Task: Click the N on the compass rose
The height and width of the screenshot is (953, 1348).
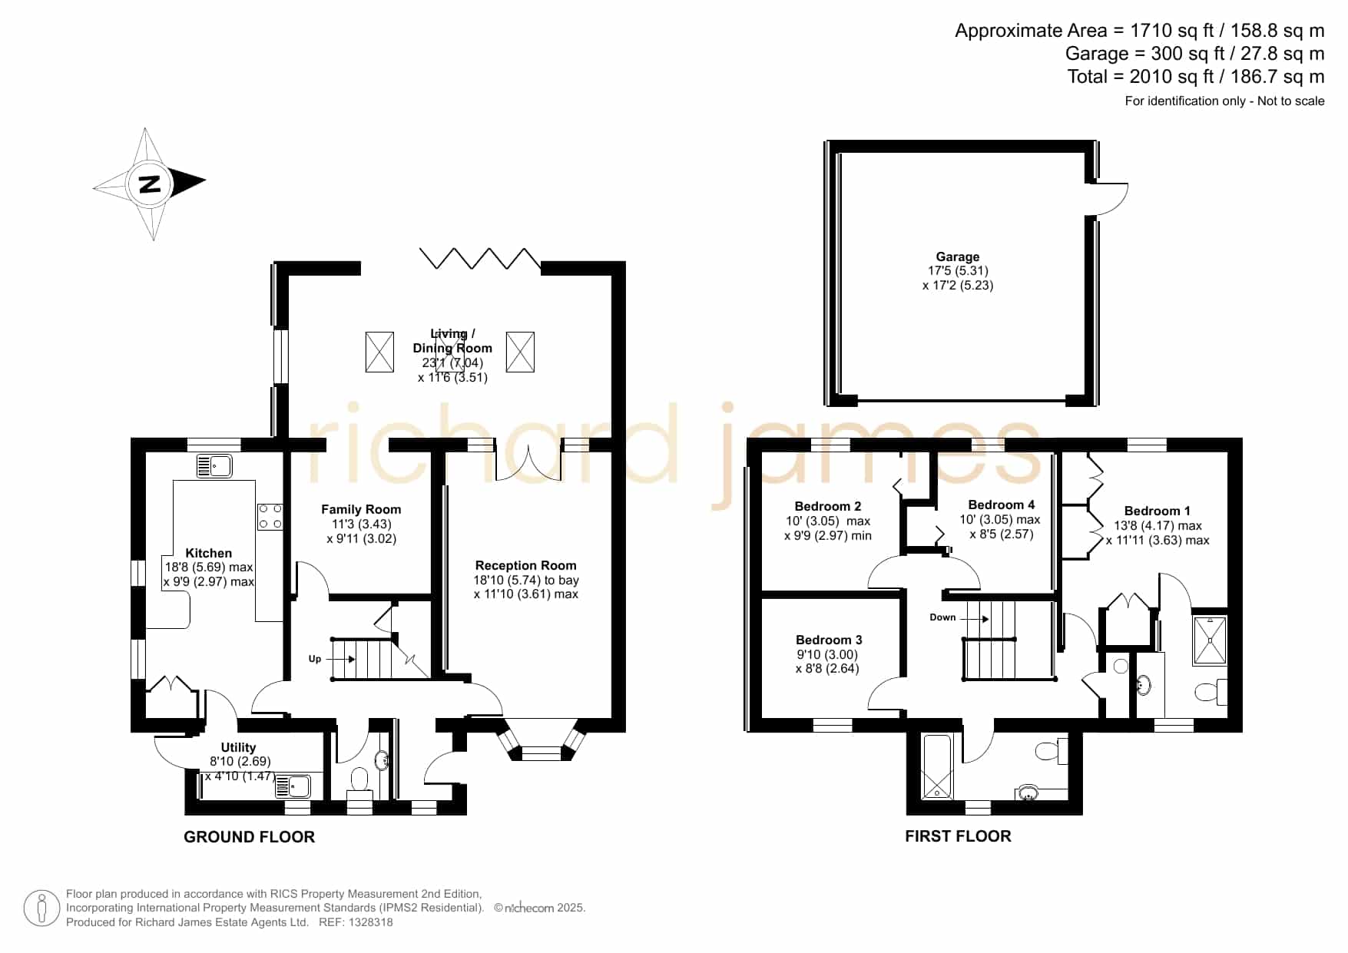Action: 151,184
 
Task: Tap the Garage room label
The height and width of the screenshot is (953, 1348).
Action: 957,256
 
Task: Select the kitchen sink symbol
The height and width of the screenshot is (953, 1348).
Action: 214,466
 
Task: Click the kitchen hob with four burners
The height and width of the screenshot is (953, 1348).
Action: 270,516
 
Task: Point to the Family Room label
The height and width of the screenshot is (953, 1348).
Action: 361,509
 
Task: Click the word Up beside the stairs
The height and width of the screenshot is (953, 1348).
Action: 315,659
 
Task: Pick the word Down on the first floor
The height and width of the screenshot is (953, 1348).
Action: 942,617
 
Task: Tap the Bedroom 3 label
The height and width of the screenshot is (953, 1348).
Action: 829,640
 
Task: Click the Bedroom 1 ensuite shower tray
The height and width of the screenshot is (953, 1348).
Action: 1210,640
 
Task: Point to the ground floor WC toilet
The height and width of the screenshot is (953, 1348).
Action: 359,784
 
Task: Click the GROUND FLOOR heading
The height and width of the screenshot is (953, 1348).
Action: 249,837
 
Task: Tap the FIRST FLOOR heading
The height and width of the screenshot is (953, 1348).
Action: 958,836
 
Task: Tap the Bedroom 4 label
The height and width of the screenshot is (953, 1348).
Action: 1001,505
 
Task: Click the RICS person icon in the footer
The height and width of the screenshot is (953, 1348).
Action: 41,908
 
